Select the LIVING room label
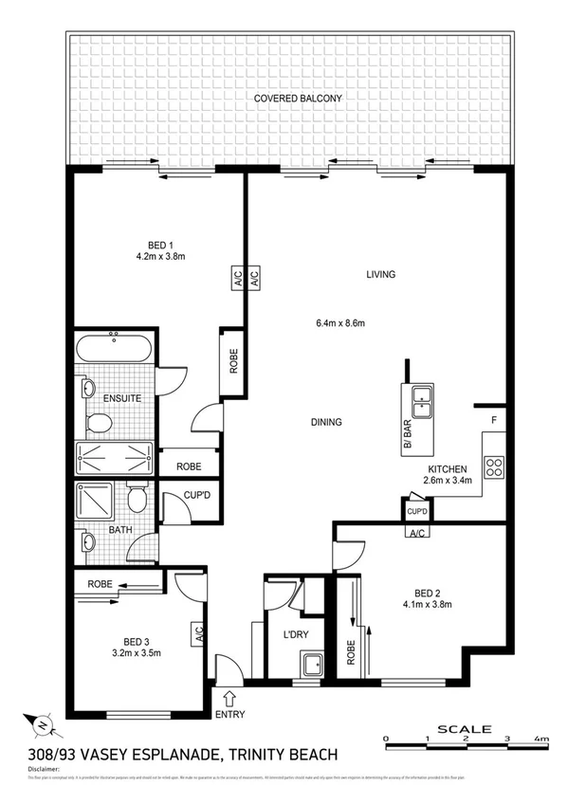tap(380, 275)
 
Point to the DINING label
tap(326, 423)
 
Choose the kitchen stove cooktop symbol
tap(494, 466)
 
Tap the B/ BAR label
tap(408, 432)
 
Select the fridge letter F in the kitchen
tap(493, 419)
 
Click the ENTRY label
tap(229, 715)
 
